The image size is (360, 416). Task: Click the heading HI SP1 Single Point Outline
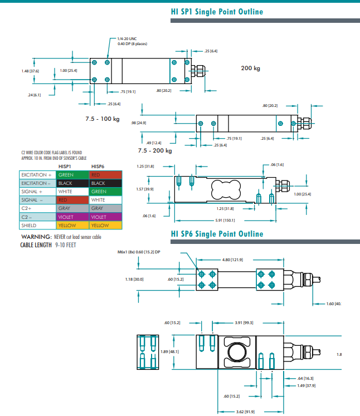pos(217,12)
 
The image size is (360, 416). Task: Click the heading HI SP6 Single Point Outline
pos(217,234)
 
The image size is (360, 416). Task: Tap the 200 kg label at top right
pos(250,68)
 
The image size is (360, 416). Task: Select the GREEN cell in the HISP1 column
pos(72,175)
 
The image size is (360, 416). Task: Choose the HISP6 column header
pos(98,166)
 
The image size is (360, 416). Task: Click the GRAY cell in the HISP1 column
pos(72,208)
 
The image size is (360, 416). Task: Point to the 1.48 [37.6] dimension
pos(30,71)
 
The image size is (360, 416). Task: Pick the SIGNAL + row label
pos(31,192)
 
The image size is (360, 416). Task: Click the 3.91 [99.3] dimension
pos(244,322)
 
